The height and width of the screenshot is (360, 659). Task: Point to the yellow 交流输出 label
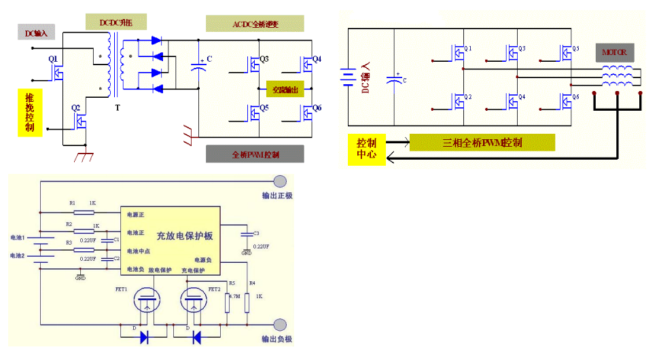click(x=285, y=90)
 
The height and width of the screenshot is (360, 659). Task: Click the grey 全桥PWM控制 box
click(x=255, y=154)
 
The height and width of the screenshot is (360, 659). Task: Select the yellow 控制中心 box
click(x=366, y=149)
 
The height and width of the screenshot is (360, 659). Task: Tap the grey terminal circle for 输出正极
click(x=280, y=181)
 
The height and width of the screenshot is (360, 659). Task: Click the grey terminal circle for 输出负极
click(x=280, y=324)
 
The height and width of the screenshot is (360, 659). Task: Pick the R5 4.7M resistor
click(x=228, y=298)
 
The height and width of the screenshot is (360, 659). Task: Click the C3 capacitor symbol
click(x=247, y=234)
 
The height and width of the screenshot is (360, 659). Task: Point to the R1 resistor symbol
click(x=84, y=212)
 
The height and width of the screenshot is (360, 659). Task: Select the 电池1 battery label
click(x=17, y=238)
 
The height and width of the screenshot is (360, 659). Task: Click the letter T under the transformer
click(x=118, y=108)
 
